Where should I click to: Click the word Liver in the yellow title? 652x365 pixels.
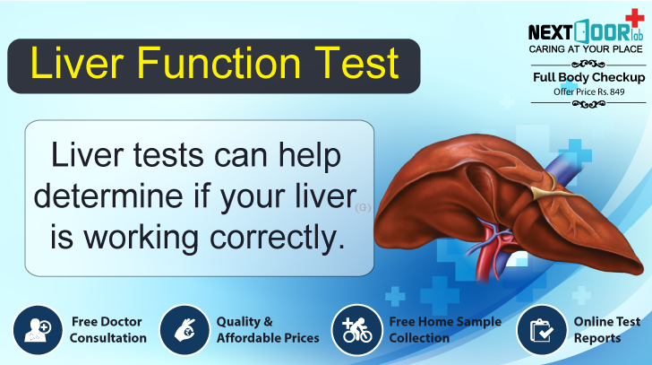coord(75,65)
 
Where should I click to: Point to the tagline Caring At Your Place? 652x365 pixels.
coord(586,49)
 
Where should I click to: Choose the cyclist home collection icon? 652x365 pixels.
coord(356,330)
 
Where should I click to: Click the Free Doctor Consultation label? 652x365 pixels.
coord(107,330)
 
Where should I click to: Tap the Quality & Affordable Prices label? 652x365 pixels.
coord(267,330)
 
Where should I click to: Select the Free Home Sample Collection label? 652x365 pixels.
coord(444,330)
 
